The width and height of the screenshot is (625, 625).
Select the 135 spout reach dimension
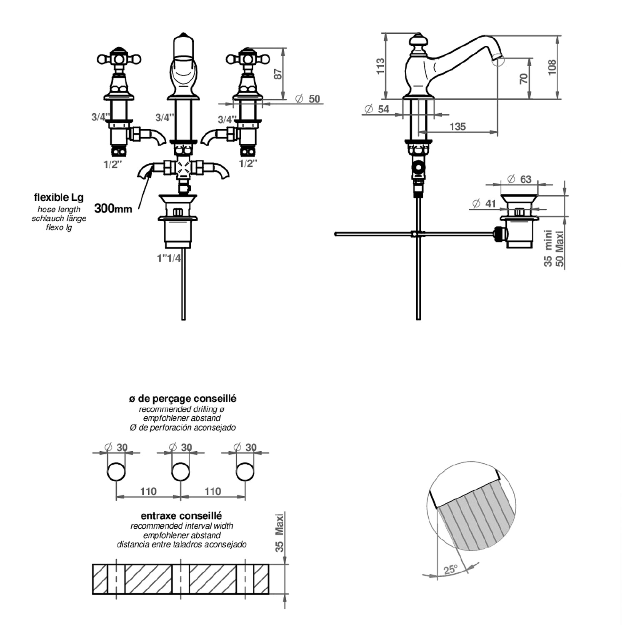click(457, 126)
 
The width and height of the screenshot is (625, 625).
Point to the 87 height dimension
click(278, 73)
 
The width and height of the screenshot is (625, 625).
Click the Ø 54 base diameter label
click(377, 109)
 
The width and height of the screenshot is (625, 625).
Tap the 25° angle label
click(450, 570)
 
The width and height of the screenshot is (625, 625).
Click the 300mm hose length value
click(113, 208)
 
